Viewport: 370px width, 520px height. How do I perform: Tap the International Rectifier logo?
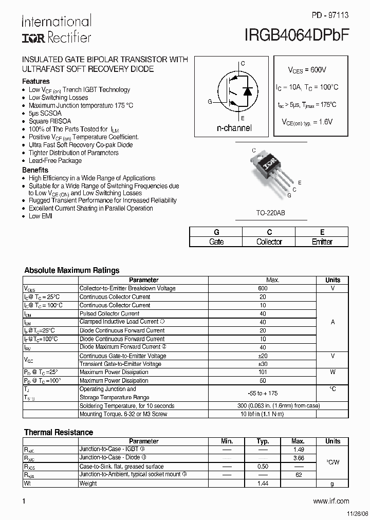point(56,29)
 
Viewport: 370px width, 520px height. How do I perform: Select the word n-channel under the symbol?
point(234,128)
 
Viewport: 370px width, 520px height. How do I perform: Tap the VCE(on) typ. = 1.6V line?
point(307,122)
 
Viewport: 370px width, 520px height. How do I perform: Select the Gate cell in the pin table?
point(216,242)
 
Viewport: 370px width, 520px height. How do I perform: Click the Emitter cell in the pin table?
point(322,242)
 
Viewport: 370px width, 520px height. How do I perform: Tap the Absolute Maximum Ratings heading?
point(72,270)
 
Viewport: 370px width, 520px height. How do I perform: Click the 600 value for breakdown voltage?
point(263,288)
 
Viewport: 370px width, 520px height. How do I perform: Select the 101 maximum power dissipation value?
point(263,372)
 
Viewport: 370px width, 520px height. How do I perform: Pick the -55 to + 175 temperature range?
point(263,393)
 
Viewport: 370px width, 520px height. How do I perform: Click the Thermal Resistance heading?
point(59,432)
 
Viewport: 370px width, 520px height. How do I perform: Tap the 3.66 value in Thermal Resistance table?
point(298,457)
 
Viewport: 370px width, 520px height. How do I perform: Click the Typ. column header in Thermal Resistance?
point(263,441)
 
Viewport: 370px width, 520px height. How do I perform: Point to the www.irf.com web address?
point(331,501)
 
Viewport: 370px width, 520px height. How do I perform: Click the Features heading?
point(36,81)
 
